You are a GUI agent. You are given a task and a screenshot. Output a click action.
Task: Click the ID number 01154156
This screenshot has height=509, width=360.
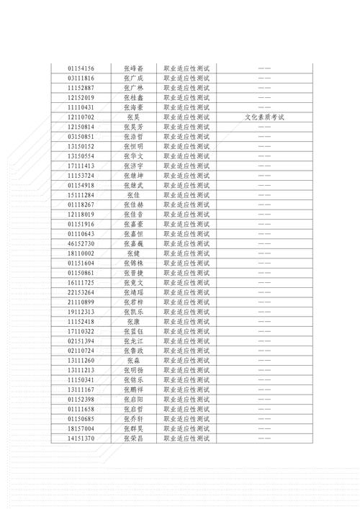(81, 68)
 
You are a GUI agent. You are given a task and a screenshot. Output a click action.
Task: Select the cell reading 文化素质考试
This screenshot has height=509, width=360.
(264, 117)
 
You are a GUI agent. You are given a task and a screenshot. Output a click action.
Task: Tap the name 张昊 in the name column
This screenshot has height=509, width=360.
(133, 117)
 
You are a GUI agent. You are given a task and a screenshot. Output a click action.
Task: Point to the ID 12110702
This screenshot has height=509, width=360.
(81, 117)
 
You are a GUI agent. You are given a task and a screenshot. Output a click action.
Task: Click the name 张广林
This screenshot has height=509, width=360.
(133, 87)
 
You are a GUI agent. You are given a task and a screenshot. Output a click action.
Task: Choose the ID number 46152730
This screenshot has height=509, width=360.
(81, 243)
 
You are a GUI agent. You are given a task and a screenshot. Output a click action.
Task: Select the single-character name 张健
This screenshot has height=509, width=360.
(133, 253)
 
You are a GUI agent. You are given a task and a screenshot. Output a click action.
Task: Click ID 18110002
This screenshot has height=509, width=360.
(81, 253)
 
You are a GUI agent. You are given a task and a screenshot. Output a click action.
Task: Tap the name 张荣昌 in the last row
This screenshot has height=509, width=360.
(133, 437)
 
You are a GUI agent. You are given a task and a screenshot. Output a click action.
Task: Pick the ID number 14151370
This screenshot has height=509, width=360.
(81, 437)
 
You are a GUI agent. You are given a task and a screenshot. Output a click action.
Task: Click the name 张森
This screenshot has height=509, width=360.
(133, 359)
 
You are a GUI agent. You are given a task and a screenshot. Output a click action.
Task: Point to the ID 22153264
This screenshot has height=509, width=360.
(81, 292)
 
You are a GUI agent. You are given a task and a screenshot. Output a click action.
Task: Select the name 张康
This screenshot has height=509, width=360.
(133, 321)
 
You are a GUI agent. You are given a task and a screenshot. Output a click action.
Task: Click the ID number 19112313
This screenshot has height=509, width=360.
(81, 312)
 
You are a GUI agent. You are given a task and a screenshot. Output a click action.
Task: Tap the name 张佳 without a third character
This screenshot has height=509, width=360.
(133, 194)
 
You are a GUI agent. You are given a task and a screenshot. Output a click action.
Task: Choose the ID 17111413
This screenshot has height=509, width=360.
(81, 166)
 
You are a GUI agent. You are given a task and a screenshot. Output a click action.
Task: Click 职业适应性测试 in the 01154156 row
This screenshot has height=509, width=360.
(186, 68)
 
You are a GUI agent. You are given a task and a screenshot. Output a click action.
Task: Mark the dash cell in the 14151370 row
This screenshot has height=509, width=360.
(264, 437)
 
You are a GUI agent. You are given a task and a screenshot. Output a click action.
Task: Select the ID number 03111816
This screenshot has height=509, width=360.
(81, 78)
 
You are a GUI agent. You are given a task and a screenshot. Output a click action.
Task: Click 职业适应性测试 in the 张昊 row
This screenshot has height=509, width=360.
(186, 117)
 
